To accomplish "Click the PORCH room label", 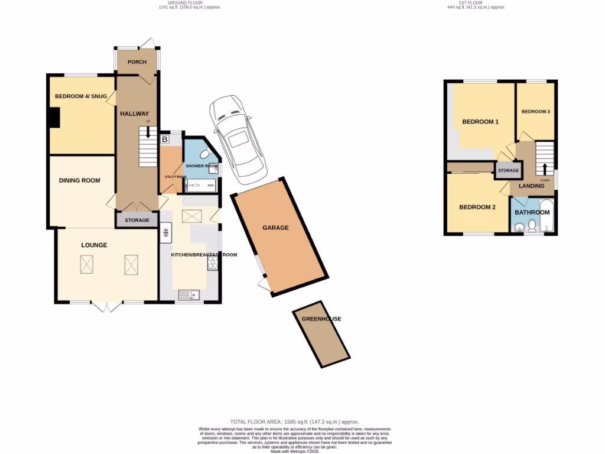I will coord(137,62).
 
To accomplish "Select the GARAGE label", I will coord(276,228).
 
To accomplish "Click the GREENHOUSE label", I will coord(321,319).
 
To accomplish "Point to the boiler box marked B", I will coord(165,140).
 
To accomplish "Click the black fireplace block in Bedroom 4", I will coord(54,117).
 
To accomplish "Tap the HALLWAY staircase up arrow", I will coord(148,133).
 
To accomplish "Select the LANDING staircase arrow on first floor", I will coord(545,167).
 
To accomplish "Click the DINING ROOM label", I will coord(79,180).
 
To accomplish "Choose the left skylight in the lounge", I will coord(87,264).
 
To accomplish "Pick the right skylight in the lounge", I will coord(131,264).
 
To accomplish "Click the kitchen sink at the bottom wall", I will coord(190,294).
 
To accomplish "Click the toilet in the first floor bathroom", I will coord(531,226).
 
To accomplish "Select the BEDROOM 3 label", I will coord(535,111).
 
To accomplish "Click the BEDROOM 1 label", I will coord(480,122).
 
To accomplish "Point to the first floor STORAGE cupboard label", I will coord(508,171).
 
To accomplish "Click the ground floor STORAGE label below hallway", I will coord(137,220).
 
